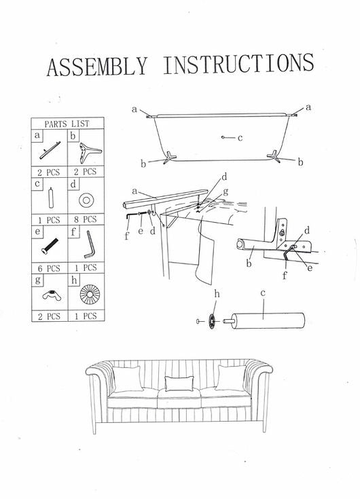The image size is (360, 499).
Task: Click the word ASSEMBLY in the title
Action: point(97,67)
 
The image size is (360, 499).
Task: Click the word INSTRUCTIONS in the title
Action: point(238,64)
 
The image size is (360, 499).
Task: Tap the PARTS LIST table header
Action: point(67,124)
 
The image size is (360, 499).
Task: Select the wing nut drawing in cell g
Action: point(51,295)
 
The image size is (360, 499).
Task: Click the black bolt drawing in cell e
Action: point(50,246)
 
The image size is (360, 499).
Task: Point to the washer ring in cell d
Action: point(86,200)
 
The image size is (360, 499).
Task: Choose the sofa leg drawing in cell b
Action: point(88,152)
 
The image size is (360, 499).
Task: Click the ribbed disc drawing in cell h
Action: point(90,294)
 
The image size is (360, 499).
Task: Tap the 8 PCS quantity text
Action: point(86,219)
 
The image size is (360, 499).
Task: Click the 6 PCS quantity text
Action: point(49,268)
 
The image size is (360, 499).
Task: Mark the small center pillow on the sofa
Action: point(179,384)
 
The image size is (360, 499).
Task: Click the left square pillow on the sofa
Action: point(127,379)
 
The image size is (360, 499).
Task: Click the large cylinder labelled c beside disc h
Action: point(268,320)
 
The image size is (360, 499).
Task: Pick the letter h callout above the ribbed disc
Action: point(217,294)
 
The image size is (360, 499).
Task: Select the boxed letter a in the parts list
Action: point(37,135)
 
